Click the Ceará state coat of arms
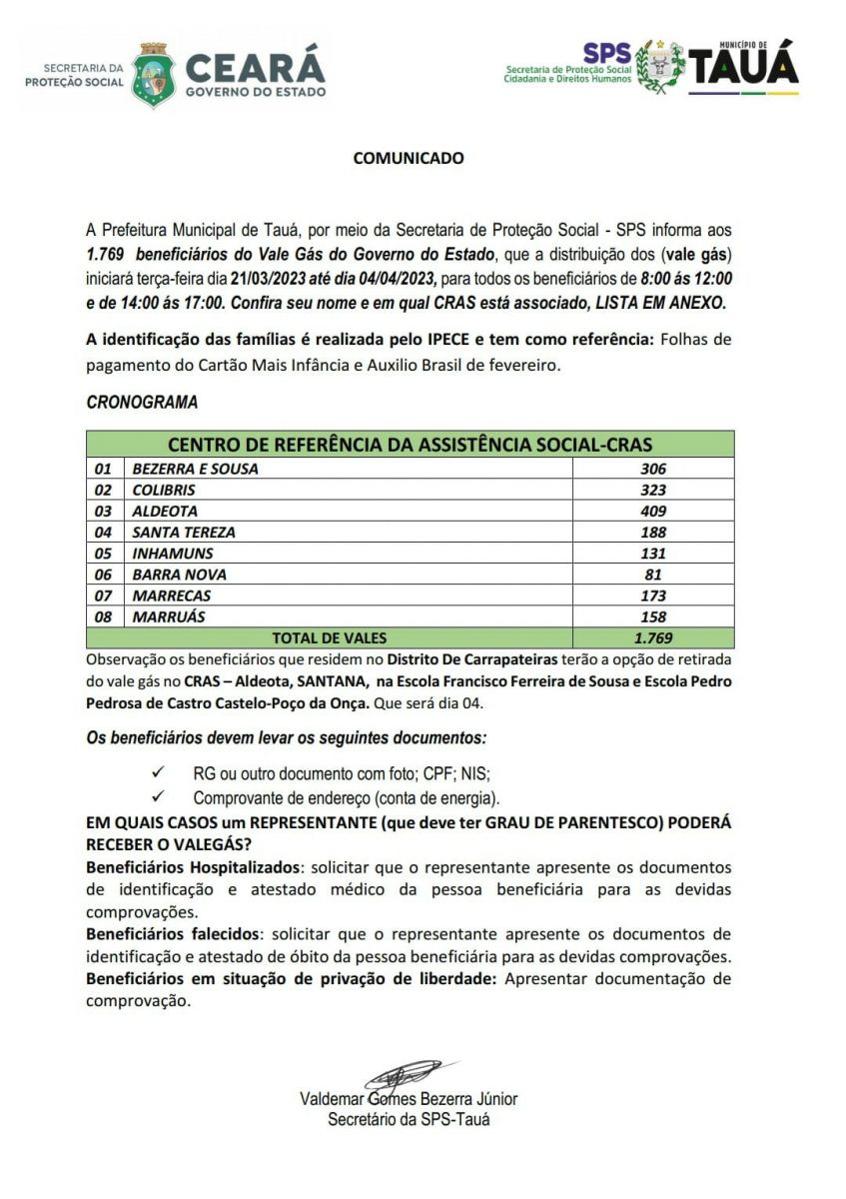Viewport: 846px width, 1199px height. [x=154, y=73]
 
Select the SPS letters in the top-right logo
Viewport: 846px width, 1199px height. [x=607, y=54]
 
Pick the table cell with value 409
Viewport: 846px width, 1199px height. [x=653, y=511]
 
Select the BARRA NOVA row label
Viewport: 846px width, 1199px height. [x=179, y=575]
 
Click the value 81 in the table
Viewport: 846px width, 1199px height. [x=653, y=575]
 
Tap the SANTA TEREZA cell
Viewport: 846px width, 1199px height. [x=184, y=533]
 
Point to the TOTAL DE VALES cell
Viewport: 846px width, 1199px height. [x=330, y=637]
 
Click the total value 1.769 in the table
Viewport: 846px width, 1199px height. [x=653, y=637]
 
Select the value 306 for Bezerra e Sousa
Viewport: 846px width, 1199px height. [x=653, y=469]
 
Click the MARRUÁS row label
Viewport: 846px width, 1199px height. [x=169, y=616]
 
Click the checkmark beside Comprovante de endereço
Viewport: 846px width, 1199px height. [x=157, y=797]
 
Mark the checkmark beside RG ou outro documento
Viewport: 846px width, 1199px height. [x=157, y=773]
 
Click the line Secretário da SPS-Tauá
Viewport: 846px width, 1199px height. [x=409, y=1119]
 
